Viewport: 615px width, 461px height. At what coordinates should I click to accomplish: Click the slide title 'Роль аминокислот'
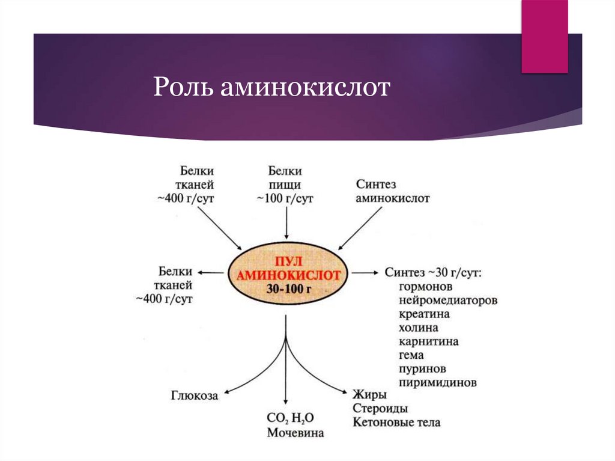click(x=272, y=88)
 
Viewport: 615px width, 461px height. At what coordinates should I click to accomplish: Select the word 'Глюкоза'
click(x=194, y=396)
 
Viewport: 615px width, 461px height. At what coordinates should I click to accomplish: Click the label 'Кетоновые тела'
click(x=396, y=423)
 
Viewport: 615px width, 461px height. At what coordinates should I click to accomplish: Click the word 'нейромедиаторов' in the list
click(x=447, y=300)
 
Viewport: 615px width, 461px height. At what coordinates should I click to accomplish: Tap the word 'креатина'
click(x=424, y=314)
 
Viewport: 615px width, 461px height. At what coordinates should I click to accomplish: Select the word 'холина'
click(x=418, y=328)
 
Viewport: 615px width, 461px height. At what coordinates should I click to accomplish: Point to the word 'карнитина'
click(x=428, y=341)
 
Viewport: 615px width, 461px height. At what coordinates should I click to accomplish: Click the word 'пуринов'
click(x=422, y=368)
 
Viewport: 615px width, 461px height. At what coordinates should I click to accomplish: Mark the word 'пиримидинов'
click(x=437, y=382)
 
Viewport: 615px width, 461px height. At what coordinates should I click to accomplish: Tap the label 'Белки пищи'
click(x=285, y=178)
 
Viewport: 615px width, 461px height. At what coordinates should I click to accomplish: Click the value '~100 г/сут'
click(x=285, y=198)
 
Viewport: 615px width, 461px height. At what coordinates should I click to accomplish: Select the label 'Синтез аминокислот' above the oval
click(x=392, y=191)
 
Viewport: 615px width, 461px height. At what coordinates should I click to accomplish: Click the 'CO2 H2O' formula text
click(x=291, y=418)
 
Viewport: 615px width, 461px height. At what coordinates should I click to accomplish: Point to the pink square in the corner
click(x=544, y=36)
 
